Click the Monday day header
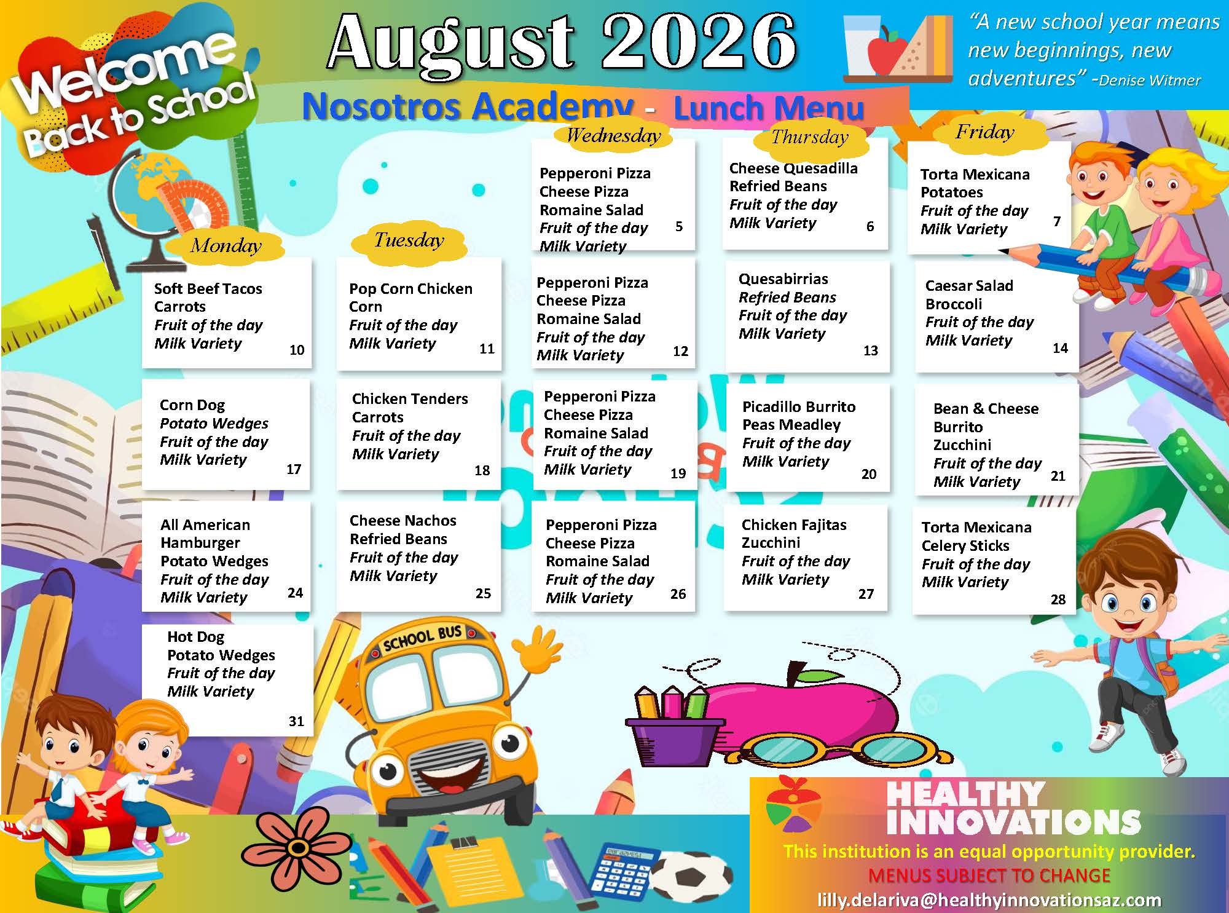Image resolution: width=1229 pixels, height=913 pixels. (226, 246)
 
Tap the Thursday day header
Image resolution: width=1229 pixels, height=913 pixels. (810, 137)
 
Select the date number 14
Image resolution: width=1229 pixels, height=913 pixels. (1060, 348)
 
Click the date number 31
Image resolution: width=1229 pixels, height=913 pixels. (296, 721)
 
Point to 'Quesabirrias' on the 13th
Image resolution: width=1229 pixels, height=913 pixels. (783, 279)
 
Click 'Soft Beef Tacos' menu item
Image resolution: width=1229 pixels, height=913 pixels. (208, 288)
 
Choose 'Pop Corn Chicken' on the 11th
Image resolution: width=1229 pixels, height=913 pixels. (410, 289)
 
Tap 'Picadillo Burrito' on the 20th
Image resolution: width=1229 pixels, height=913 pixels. (799, 407)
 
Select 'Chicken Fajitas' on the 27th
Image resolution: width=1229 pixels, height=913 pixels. (794, 525)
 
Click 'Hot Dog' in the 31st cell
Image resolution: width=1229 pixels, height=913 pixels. (195, 637)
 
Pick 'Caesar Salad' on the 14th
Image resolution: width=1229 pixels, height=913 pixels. (969, 286)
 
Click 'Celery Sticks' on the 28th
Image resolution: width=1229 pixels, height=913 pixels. (965, 546)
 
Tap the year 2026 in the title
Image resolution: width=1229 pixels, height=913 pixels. (699, 42)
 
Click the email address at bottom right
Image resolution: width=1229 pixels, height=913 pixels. (989, 900)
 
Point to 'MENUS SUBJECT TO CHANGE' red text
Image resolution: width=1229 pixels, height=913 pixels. (989, 875)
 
